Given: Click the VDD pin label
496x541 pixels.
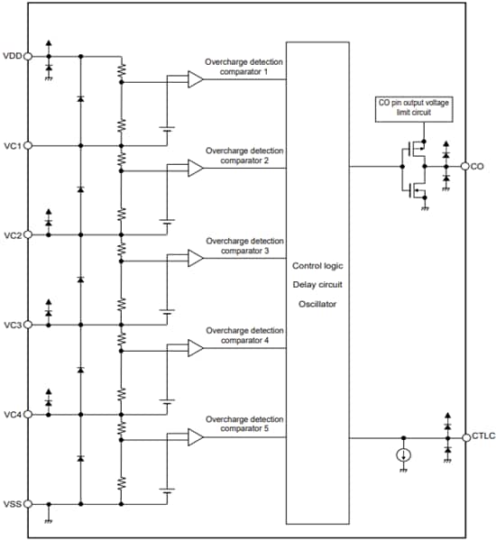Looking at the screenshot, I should tap(12, 56).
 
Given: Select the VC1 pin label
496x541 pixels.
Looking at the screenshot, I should tap(12, 145).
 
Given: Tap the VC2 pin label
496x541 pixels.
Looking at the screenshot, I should tap(12, 235).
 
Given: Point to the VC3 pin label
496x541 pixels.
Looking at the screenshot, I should tap(12, 325).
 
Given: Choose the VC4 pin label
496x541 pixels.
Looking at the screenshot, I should tap(12, 415).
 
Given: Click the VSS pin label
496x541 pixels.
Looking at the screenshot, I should tap(12, 504).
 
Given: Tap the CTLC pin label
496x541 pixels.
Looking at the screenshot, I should tap(483, 437).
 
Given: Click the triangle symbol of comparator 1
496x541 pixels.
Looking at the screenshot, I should tap(195, 79).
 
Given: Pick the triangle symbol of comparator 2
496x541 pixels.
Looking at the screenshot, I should tap(195, 169).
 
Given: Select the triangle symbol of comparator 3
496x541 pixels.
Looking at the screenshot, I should tap(195, 259).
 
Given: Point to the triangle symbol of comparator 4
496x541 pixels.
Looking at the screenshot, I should tap(195, 348).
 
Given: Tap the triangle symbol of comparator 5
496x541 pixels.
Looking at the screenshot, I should tap(195, 437).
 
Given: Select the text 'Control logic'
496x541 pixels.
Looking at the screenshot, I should tap(317, 266).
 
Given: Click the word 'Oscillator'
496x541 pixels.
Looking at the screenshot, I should tap(317, 304).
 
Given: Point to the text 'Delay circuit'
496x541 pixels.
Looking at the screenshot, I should tap(317, 285).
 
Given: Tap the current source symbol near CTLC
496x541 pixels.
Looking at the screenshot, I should tap(403, 455).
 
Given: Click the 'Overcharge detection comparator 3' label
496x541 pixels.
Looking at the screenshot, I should tap(244, 246).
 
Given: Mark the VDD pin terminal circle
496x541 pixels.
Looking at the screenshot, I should tap(28, 56).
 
